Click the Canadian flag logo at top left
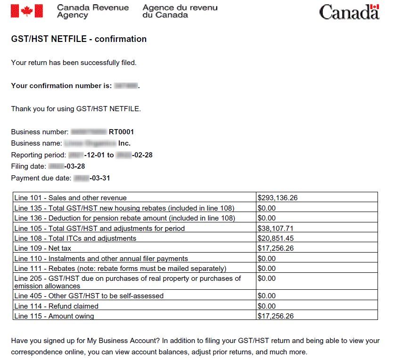click(x=26, y=11)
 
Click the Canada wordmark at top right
click(x=349, y=12)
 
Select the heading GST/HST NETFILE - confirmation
click(x=79, y=39)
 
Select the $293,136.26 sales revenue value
click(x=278, y=198)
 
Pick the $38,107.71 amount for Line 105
click(x=276, y=228)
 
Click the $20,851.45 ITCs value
click(x=276, y=238)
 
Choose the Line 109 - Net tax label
click(x=43, y=248)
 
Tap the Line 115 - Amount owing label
click(x=54, y=316)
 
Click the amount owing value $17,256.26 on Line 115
click(x=276, y=316)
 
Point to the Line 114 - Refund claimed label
click(x=56, y=306)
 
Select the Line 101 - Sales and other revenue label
click(x=71, y=198)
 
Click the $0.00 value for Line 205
click(x=267, y=278)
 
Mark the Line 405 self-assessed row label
click(x=89, y=296)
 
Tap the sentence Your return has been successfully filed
click(x=74, y=63)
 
